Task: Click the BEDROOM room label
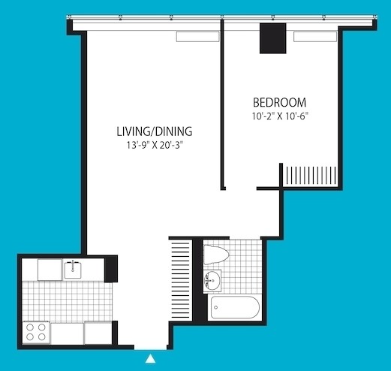279,102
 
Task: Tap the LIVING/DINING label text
155,131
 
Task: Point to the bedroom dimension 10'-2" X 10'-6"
280,116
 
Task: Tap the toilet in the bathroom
216,255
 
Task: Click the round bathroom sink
212,281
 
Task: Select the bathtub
235,307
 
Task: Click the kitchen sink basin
73,270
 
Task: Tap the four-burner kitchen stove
36,332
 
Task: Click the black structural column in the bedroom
272,38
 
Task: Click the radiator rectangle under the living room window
197,37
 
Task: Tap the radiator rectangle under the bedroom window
315,37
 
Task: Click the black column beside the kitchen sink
111,269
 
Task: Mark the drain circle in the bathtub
216,307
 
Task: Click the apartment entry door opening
150,348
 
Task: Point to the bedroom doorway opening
241,189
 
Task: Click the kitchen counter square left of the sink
50,270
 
